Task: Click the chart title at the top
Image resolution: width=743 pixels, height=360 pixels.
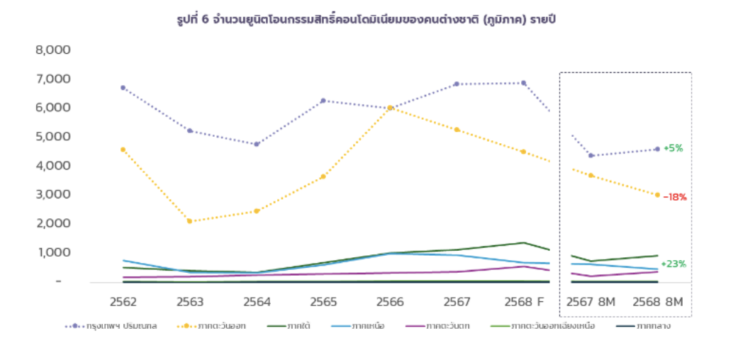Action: tap(371, 19)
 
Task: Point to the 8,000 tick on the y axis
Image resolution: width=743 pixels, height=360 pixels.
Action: tap(52, 50)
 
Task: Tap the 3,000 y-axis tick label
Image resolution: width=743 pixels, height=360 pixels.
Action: tap(52, 194)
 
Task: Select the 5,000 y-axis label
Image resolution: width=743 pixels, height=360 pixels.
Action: tap(52, 137)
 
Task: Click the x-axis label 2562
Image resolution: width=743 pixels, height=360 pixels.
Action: tap(123, 301)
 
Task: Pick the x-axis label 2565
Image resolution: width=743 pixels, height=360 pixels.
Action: tap(323, 301)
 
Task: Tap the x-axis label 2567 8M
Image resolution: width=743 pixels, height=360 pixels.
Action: tap(591, 301)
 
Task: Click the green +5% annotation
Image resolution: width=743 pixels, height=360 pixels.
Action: tap(673, 148)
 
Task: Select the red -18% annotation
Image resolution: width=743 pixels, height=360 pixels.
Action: tap(674, 197)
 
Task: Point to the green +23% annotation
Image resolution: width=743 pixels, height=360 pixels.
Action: tap(673, 264)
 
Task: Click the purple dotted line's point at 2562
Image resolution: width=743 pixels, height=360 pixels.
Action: tap(123, 88)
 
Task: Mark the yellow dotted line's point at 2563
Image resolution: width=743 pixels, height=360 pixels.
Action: tap(189, 221)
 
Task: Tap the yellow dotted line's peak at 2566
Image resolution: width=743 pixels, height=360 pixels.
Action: tap(390, 108)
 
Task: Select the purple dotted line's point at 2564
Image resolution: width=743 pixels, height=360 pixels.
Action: tap(256, 144)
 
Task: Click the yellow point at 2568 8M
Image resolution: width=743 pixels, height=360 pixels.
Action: tap(657, 195)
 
